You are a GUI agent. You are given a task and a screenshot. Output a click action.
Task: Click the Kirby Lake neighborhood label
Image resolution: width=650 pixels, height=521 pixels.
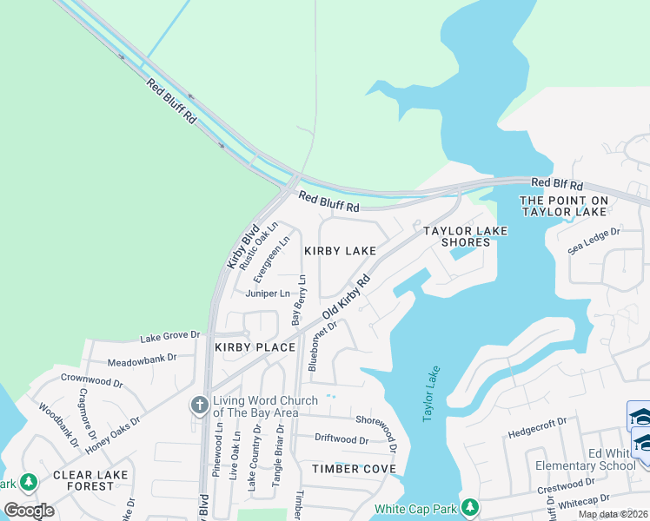coord(340,251)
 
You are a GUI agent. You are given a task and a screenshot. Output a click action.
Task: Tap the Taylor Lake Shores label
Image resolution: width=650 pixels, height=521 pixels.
coord(465,236)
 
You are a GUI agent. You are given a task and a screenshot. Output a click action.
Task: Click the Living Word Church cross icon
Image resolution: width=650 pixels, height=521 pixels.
coord(199,405)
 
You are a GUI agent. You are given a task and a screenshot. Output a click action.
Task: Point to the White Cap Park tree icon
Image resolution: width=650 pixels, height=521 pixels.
coord(470,506)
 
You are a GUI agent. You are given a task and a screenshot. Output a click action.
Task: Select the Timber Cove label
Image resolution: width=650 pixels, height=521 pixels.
coord(354,469)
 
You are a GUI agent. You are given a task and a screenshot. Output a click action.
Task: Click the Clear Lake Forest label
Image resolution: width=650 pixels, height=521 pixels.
coord(90,480)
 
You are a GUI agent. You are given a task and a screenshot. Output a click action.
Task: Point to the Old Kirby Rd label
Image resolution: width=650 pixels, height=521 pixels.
coord(347,297)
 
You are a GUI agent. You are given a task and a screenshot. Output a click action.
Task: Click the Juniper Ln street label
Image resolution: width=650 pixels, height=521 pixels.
coord(267,293)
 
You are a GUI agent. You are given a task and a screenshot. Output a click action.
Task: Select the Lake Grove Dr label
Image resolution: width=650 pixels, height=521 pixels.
coord(170,335)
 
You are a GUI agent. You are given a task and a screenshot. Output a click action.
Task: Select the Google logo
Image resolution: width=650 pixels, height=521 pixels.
coord(30,511)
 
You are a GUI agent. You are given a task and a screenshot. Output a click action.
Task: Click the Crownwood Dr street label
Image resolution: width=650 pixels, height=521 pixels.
coord(92,379)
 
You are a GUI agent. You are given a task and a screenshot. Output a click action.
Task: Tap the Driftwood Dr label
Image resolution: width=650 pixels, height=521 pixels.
coord(342,439)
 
